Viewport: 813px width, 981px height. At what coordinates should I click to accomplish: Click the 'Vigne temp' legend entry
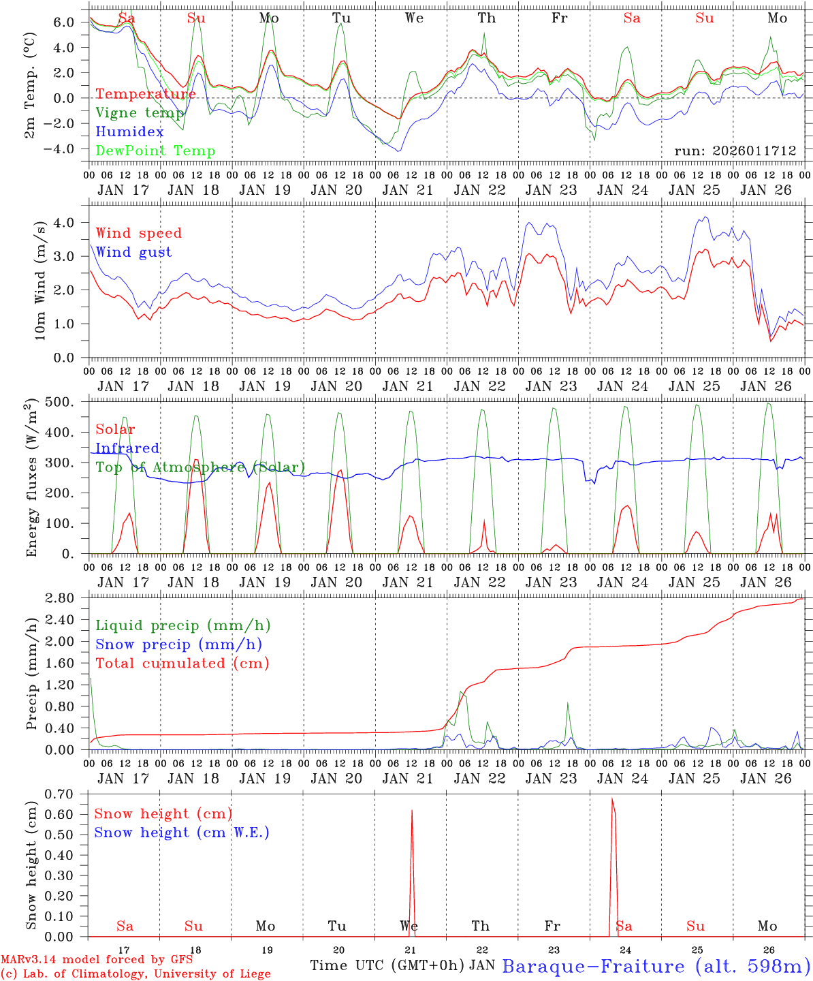tap(140, 113)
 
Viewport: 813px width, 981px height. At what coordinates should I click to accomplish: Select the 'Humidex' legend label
tap(129, 132)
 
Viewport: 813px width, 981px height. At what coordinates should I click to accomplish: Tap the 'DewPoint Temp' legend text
tap(155, 151)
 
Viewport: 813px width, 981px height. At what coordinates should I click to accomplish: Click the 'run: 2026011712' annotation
tap(735, 151)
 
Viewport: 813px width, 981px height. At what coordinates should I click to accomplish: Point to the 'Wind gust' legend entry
tap(133, 252)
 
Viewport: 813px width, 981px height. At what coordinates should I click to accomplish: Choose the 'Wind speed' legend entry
tap(139, 233)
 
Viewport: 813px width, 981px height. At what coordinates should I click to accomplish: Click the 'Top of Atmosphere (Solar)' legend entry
tap(200, 467)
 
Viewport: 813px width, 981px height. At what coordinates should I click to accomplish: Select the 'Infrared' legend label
tap(127, 448)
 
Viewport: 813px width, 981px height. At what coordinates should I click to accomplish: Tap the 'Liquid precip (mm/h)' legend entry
tap(182, 625)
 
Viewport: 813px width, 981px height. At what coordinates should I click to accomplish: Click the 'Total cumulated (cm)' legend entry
tap(182, 664)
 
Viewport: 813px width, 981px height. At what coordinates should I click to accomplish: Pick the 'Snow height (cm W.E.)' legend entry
tap(182, 832)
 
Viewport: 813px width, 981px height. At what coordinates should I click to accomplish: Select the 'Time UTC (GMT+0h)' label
tap(387, 965)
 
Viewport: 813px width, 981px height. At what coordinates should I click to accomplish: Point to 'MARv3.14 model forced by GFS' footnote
tap(97, 960)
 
